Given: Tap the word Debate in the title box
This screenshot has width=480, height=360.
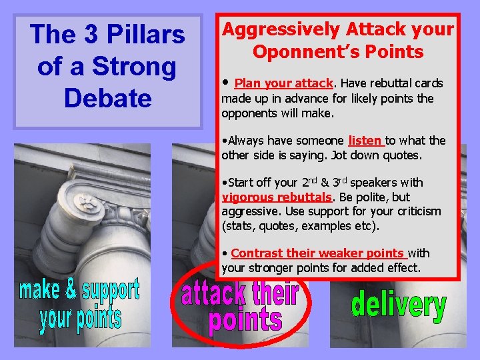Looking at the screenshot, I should coord(107,98).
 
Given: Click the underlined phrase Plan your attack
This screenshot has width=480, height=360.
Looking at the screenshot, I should coord(283,83).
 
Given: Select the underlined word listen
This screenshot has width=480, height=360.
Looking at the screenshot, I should coord(365,141).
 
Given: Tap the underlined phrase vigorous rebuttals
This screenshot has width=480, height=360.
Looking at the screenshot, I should coord(277,197).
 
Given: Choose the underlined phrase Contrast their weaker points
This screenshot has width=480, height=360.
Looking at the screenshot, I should coord(318,253).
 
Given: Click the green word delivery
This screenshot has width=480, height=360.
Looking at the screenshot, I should coord(399,306).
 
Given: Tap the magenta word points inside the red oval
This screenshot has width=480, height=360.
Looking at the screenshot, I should coord(245,321).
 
